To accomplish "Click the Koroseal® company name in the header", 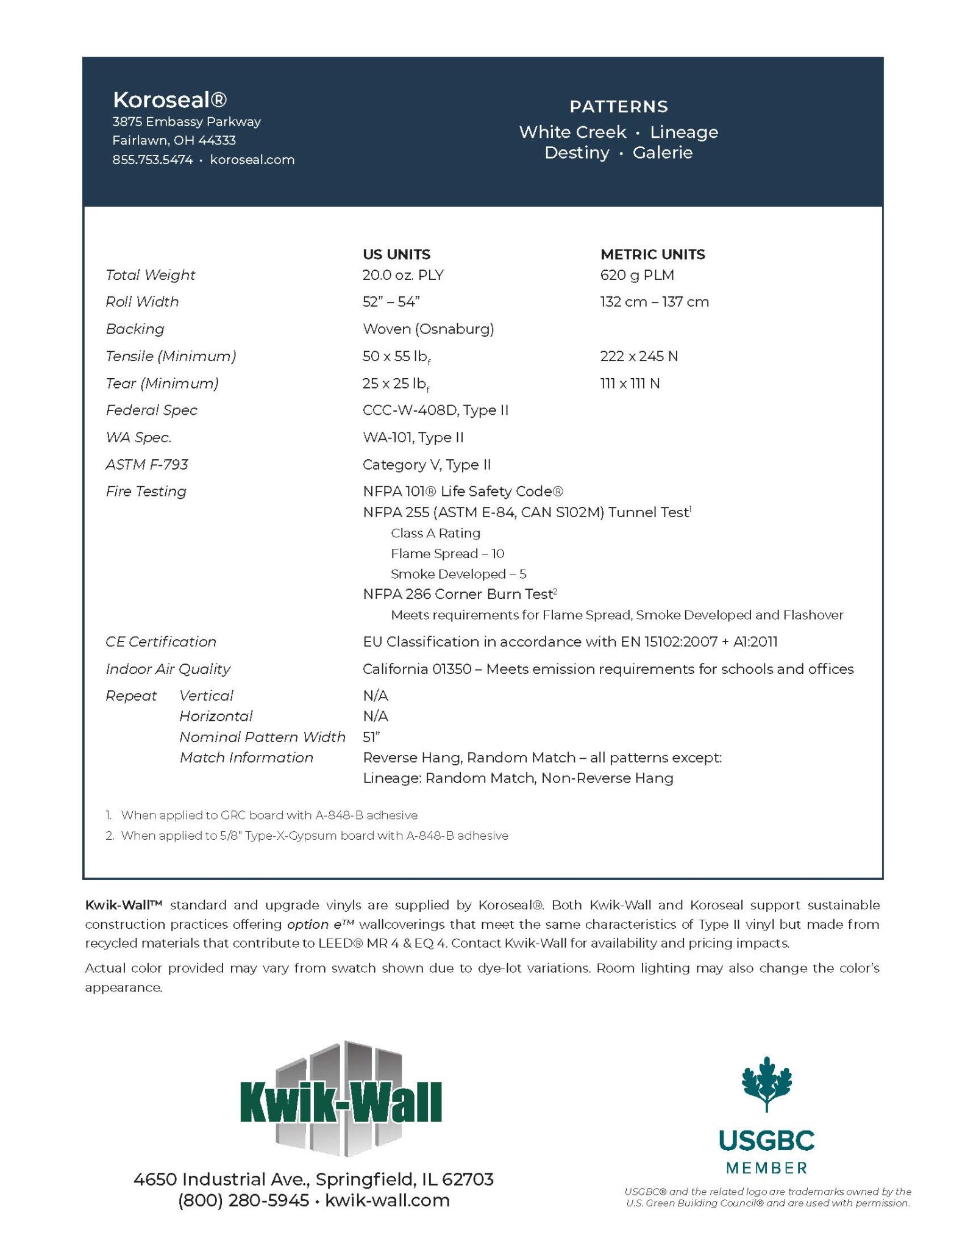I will point(169,99).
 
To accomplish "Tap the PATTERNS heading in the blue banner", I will point(618,107).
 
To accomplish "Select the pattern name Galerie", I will point(662,152).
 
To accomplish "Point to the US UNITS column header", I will point(396,254).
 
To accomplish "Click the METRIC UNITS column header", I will point(652,254).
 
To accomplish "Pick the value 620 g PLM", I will point(636,275).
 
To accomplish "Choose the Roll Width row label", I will point(142,302).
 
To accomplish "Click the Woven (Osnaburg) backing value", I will point(428,329).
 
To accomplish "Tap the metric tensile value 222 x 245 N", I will point(638,356).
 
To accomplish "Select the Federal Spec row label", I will point(151,410).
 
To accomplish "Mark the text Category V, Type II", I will point(426,465).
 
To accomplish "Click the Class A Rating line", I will point(435,533).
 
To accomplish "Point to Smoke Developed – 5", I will point(458,574).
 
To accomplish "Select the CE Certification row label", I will point(161,642).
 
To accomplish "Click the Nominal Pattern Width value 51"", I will point(371,737).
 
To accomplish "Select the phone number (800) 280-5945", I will point(243,1200).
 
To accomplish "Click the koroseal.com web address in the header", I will point(252,160).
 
